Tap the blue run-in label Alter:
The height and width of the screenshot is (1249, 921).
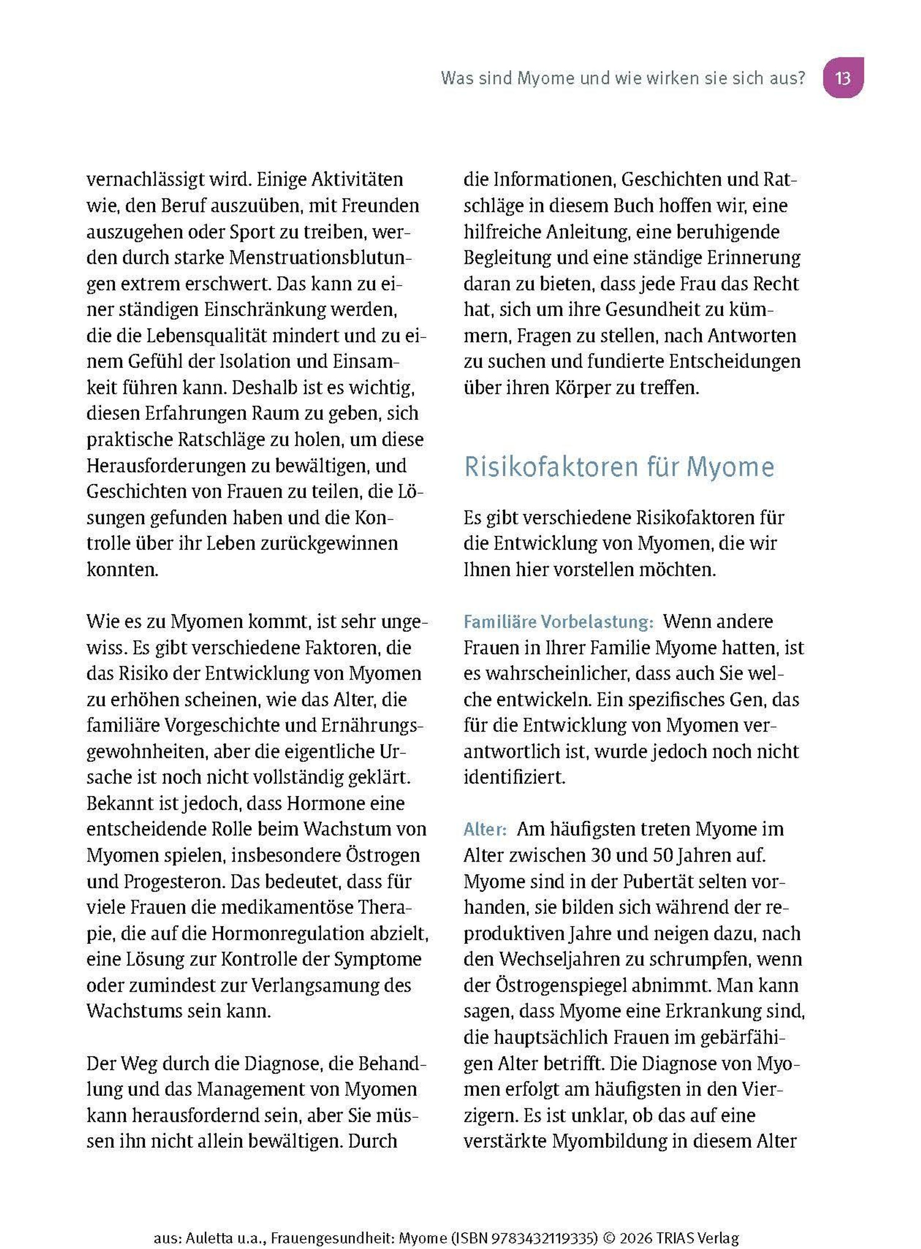tap(484, 830)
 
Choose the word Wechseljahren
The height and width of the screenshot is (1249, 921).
tap(566, 959)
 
